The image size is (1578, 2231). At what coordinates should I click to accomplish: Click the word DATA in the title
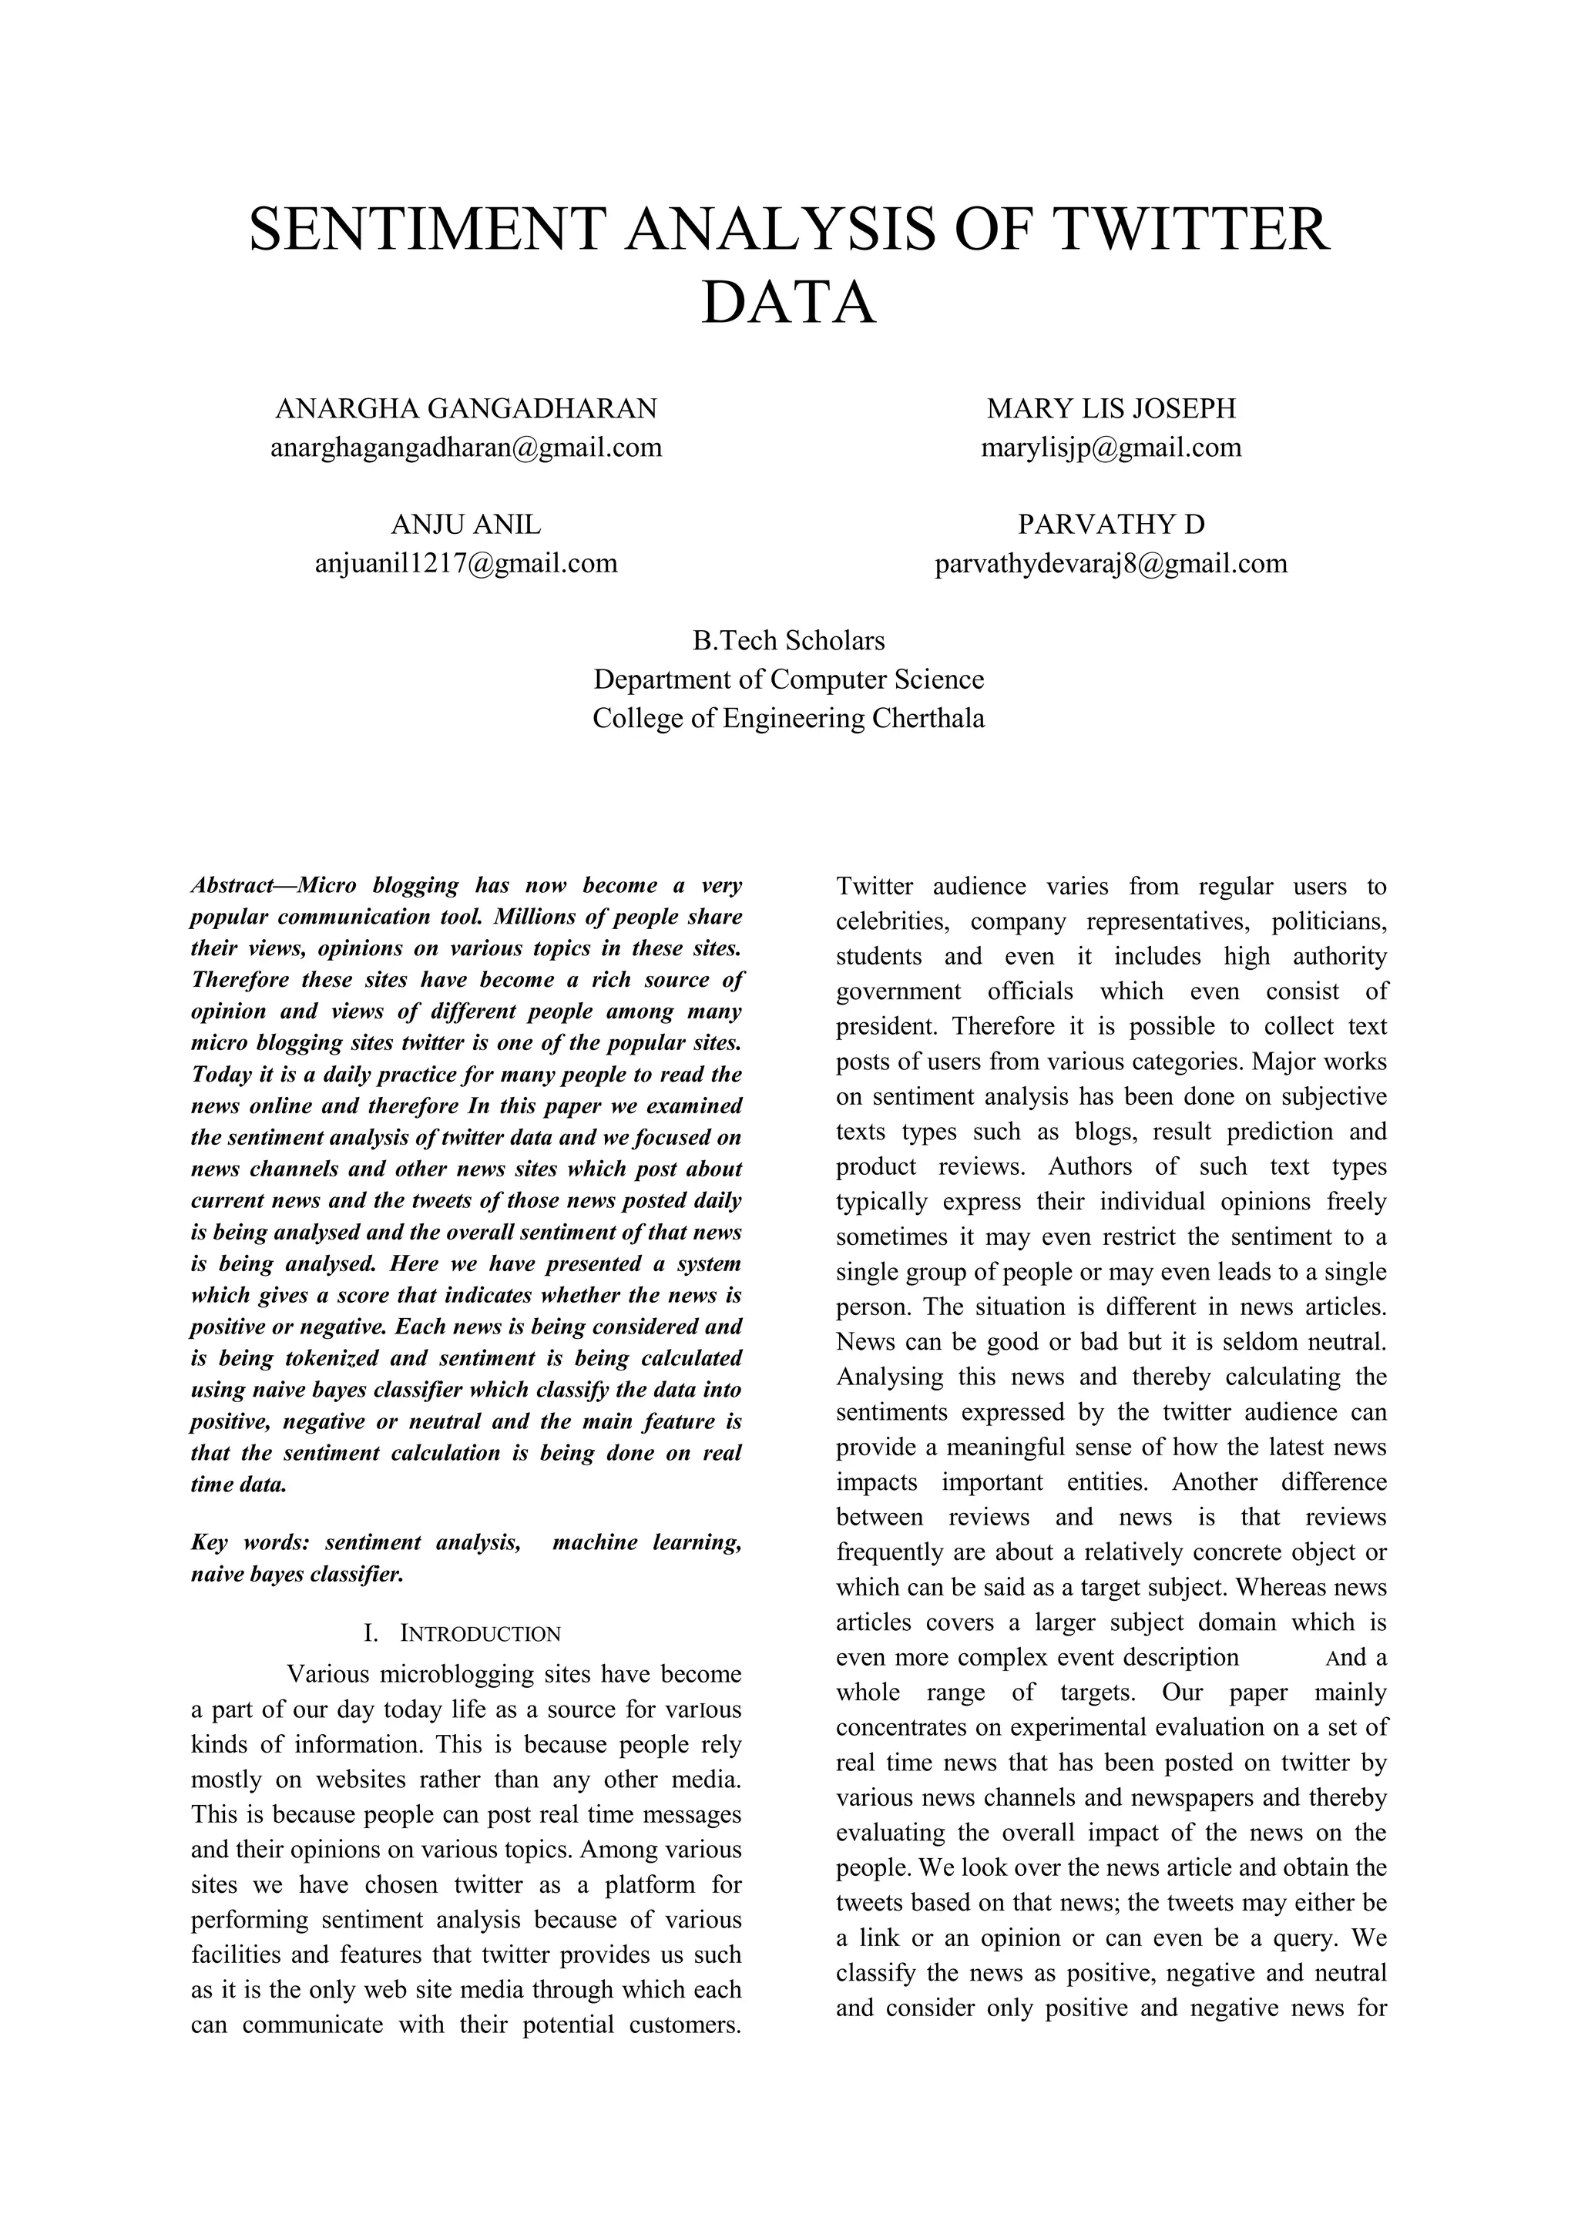coord(788,302)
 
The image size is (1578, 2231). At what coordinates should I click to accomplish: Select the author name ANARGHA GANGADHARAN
coord(465,409)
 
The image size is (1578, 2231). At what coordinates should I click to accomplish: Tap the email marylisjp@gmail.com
coord(1110,448)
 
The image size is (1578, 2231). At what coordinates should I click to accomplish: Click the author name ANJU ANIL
coord(465,525)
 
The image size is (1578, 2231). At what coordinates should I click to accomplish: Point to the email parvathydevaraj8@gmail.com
coord(1110,564)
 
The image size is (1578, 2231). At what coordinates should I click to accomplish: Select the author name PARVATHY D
coord(1110,525)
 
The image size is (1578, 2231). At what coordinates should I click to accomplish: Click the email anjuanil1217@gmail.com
coord(465,564)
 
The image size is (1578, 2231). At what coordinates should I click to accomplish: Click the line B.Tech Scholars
coord(788,641)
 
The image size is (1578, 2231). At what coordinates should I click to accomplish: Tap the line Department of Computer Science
coord(788,679)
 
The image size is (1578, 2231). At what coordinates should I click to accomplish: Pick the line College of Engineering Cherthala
coord(788,719)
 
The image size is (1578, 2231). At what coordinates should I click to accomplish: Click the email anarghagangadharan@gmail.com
coord(465,448)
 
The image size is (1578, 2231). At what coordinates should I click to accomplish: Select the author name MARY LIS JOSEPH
coord(1110,409)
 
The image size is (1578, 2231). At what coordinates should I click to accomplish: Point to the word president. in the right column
coord(888,1027)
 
